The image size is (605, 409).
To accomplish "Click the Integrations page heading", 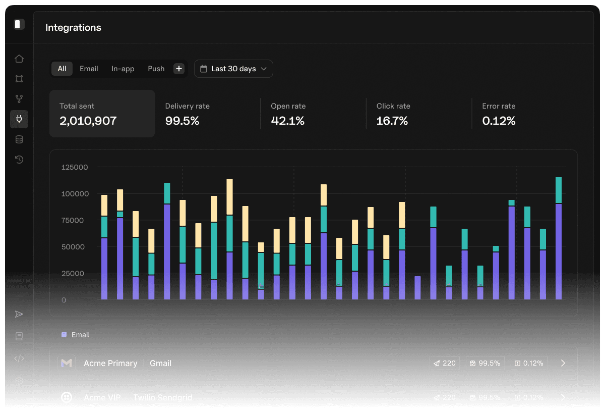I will [73, 28].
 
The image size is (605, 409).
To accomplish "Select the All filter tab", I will [62, 69].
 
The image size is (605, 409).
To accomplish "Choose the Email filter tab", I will [89, 69].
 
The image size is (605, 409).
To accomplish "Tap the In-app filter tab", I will [123, 69].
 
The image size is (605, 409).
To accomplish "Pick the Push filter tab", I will [156, 69].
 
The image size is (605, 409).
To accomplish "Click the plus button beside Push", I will [179, 69].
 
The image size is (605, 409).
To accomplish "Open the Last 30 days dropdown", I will [233, 69].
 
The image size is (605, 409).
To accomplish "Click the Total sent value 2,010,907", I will [88, 121].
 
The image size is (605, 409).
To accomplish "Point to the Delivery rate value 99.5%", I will [182, 121].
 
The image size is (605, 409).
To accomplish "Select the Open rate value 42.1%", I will [287, 121].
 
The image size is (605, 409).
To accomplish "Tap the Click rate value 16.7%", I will [392, 121].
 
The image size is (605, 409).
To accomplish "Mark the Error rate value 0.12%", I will [499, 121].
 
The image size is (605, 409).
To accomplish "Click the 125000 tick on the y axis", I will [75, 167].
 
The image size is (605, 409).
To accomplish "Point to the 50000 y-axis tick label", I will [75, 247].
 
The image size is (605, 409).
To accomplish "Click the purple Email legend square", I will [64, 334].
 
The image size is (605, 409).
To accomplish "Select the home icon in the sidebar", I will [19, 59].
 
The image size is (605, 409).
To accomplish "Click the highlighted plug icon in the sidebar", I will [19, 119].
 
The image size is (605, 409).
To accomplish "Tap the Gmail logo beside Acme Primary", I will [67, 363].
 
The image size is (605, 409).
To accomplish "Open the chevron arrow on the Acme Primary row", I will [563, 363].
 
